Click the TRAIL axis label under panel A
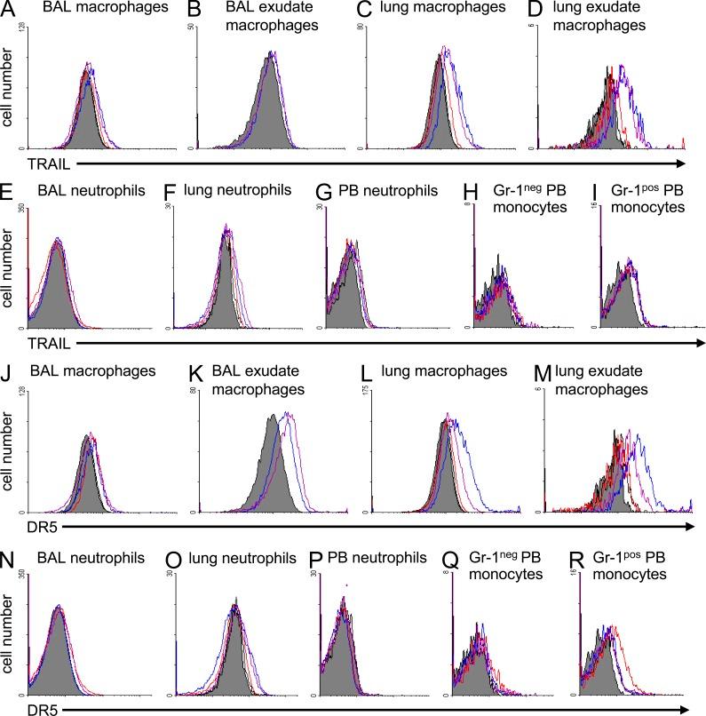(x=24, y=163)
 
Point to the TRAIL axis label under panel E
(x=24, y=341)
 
